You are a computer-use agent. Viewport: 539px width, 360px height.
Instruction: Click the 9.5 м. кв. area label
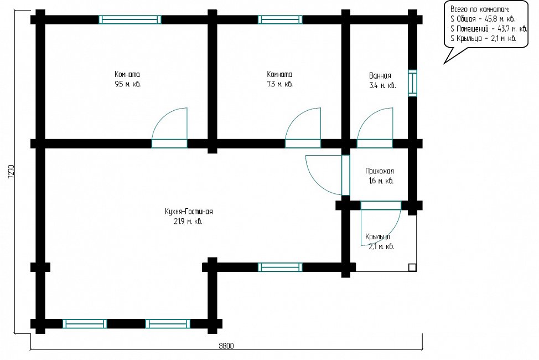pos(127,84)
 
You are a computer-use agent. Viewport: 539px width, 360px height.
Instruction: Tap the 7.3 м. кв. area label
pos(280,84)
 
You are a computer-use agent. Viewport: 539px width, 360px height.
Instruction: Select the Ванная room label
pos(380,76)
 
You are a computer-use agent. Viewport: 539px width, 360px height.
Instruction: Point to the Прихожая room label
pos(380,171)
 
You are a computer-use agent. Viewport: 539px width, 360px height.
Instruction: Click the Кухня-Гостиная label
pos(189,212)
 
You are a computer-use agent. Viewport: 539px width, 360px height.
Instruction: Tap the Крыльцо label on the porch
pos(377,237)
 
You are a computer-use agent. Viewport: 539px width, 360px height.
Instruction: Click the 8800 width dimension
pos(226,346)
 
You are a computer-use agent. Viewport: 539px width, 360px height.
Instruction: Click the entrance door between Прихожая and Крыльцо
pos(381,223)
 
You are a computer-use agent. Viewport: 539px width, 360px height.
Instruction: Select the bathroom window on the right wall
pos(412,83)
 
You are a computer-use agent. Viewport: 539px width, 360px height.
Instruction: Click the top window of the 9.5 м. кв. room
pos(130,19)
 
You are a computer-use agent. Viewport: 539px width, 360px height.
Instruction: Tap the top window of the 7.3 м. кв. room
pos(280,19)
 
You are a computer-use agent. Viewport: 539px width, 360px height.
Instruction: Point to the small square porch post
pos(412,268)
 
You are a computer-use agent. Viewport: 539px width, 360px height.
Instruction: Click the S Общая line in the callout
pos(483,19)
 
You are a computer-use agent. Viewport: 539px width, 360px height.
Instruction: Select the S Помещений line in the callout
pos(489,29)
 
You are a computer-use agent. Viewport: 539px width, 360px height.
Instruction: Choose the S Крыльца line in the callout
pos(483,38)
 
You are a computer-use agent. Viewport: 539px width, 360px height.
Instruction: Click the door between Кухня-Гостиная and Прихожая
pos(327,175)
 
